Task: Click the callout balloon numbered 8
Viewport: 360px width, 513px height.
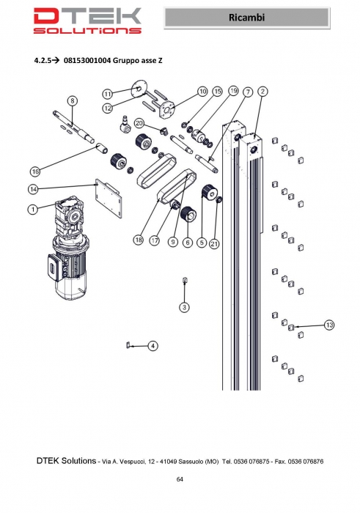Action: click(x=73, y=100)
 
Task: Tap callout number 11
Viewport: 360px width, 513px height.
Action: click(x=108, y=95)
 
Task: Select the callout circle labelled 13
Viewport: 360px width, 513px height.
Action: click(x=329, y=325)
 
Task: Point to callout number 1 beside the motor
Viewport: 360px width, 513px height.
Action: click(x=33, y=209)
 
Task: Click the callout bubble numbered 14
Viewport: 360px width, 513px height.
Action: click(x=33, y=189)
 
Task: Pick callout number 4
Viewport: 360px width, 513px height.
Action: click(x=153, y=346)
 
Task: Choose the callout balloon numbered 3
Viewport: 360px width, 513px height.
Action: click(x=185, y=307)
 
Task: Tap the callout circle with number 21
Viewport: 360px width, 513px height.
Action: click(x=214, y=244)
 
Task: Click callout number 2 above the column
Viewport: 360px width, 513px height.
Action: click(x=262, y=92)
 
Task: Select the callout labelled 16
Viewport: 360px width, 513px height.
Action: click(x=35, y=171)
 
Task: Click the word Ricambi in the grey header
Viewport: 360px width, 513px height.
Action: click(x=247, y=18)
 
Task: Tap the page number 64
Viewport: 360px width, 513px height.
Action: click(x=180, y=479)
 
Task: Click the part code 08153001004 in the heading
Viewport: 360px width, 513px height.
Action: click(x=87, y=60)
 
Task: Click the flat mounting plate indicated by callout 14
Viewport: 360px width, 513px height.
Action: click(x=109, y=198)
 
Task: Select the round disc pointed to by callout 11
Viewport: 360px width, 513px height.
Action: click(x=139, y=89)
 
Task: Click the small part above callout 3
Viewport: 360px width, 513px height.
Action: click(x=185, y=281)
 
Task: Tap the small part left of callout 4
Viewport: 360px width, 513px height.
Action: click(x=128, y=345)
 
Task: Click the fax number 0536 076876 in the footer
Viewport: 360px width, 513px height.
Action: click(x=306, y=462)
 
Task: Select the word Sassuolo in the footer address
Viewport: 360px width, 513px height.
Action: click(x=189, y=462)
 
